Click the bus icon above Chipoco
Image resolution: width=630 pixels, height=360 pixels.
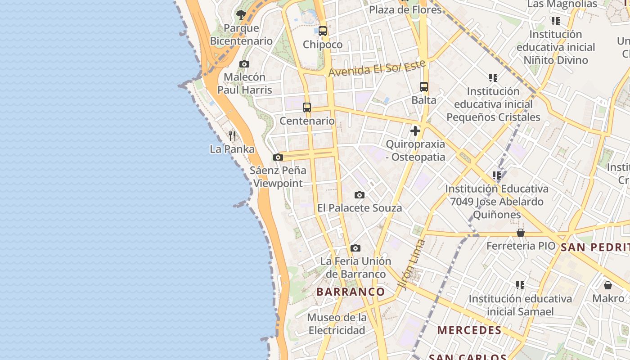pos(322,31)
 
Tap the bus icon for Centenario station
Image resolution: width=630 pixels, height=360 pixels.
pos(307,108)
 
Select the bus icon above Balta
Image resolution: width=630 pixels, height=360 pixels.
pos(424,87)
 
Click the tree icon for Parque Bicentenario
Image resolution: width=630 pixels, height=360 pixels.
pos(241,15)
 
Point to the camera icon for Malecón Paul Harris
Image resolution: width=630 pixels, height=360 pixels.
pos(244,64)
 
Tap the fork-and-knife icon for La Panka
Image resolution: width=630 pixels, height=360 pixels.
pos(232,135)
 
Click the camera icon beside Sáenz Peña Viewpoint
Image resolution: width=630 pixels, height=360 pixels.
pos(278,157)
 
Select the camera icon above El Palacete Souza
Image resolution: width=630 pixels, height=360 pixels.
pos(359,195)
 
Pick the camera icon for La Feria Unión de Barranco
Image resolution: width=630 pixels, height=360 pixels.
pos(355,248)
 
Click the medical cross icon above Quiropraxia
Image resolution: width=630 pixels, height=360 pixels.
pos(415,131)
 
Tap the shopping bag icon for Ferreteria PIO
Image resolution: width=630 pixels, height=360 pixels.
pos(521,233)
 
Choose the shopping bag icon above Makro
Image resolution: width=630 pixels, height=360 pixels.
pos(608,285)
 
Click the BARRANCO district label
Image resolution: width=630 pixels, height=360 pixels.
pos(351,292)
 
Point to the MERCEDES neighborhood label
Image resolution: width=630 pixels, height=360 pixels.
pos(469,330)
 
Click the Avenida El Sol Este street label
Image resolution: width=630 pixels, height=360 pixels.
pos(377,68)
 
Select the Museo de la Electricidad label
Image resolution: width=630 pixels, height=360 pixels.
pos(337,324)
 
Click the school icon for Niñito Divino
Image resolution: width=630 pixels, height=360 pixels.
pos(556,21)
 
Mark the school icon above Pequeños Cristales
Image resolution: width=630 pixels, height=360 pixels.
pos(493,78)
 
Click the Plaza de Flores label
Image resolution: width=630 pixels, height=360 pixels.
pos(405,9)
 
